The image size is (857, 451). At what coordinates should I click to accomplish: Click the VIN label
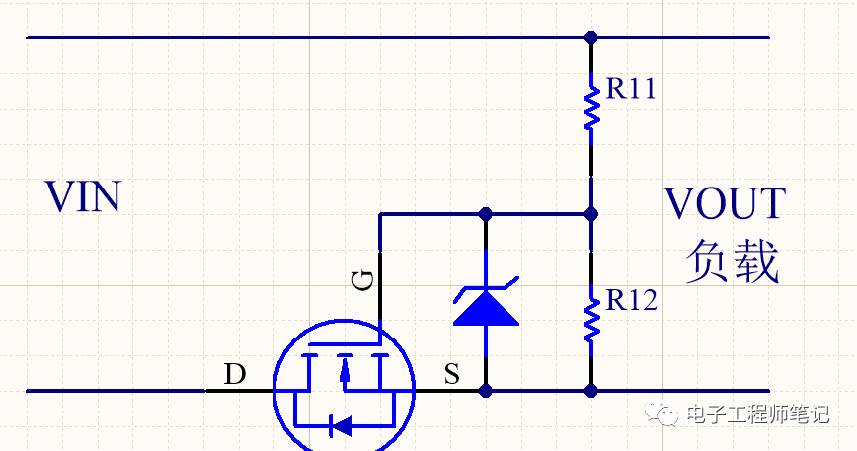tap(83, 197)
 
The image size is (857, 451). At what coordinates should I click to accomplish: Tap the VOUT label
tap(725, 203)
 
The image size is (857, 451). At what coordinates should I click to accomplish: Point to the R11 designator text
tap(631, 89)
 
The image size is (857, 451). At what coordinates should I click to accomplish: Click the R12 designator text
tap(631, 300)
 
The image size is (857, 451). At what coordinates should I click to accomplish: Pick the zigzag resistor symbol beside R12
tap(591, 316)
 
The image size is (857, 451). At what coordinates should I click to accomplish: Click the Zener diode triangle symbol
tap(485, 305)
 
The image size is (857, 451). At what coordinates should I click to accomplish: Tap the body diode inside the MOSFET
tap(342, 426)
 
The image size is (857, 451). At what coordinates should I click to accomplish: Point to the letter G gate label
tap(363, 282)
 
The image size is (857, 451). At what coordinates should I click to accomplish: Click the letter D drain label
tap(234, 374)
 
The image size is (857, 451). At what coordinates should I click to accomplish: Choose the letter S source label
tap(451, 374)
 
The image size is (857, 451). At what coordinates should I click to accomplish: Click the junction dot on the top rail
tap(591, 38)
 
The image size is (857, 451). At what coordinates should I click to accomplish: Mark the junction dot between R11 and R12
tap(591, 213)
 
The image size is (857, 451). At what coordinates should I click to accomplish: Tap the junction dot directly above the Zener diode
tap(485, 213)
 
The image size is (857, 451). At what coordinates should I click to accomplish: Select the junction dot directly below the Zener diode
tap(485, 391)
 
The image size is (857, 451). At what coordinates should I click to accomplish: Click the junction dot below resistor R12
tap(591, 391)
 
